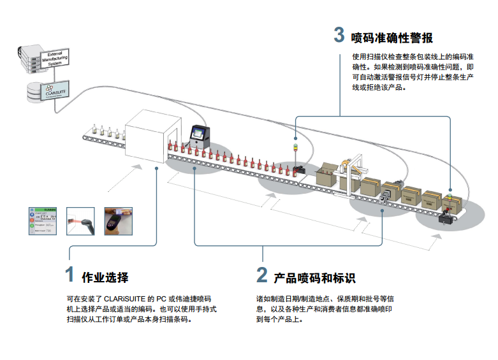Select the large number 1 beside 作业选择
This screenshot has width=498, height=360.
pos(70,275)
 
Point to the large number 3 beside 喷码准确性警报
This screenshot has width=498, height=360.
pos(339,35)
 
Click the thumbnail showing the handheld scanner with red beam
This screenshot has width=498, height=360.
pos(82,221)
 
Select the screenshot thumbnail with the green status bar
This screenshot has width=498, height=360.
pos(46,221)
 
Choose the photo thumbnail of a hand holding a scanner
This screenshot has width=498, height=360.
pos(118,221)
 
